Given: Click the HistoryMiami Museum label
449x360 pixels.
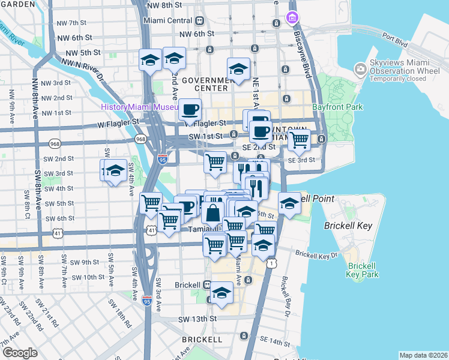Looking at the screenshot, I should point(139,107).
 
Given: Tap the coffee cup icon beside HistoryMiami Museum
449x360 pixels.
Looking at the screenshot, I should point(190,110).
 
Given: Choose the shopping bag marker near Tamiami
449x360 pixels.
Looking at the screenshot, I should point(213,212).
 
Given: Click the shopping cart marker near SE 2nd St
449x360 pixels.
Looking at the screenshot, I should point(299,140).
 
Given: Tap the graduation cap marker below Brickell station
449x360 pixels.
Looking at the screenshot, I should point(221,293).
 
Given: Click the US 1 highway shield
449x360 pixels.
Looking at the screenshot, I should point(273,263).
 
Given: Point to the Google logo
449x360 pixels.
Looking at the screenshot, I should point(20,353).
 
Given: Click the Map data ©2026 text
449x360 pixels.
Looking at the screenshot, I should point(423,355).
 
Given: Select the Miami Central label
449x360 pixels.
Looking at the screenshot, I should point(167,20).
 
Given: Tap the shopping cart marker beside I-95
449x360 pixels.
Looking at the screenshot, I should point(151,203).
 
